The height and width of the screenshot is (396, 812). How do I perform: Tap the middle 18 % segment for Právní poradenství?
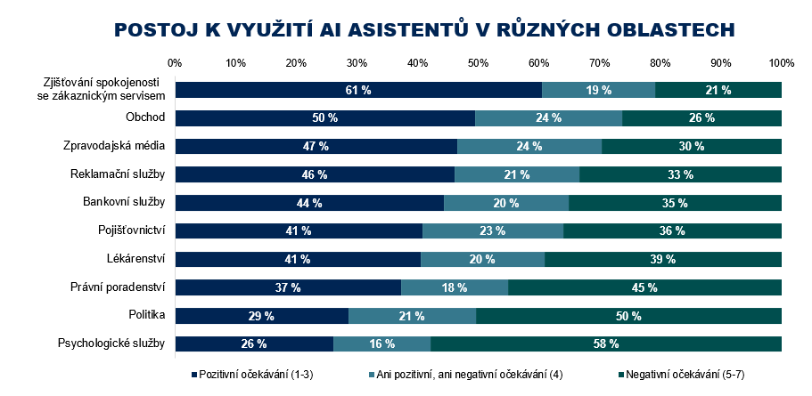(x=455, y=287)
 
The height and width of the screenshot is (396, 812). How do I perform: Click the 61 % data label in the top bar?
(x=359, y=90)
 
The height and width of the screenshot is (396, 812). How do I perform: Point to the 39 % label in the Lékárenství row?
(x=663, y=259)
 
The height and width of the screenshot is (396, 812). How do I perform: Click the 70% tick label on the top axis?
(x=600, y=63)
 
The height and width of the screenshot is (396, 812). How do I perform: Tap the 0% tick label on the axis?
(x=175, y=63)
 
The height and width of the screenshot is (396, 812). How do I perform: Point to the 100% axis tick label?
(x=782, y=63)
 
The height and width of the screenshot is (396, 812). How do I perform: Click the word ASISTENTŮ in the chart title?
(x=395, y=29)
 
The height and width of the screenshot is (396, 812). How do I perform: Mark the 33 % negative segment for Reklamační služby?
(x=680, y=174)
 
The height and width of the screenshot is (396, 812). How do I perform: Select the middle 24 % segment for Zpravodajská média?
(x=529, y=146)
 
